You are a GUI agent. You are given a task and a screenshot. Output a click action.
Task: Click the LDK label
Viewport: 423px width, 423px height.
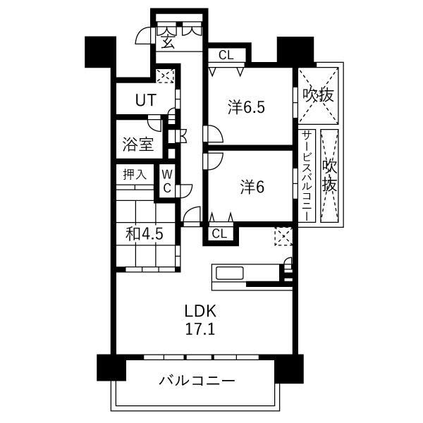(x=200, y=311)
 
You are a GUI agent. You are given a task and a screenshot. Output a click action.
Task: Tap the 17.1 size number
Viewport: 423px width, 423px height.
(x=200, y=329)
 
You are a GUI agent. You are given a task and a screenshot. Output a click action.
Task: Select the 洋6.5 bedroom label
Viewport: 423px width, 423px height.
(x=246, y=107)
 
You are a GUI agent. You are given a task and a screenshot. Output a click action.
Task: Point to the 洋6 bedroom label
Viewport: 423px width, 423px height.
(x=252, y=187)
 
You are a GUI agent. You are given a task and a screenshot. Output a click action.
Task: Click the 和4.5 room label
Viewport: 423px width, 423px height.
(x=145, y=234)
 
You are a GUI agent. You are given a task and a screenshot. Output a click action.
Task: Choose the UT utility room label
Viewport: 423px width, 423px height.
(x=146, y=100)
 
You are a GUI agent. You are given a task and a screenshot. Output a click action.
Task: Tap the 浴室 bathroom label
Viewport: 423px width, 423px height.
(x=138, y=145)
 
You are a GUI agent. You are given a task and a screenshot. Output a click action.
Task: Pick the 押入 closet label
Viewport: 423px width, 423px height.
(x=135, y=174)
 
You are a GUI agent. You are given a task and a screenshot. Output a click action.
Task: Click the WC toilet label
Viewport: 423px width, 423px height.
(x=167, y=181)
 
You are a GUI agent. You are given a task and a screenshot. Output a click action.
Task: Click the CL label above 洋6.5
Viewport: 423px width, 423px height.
(x=226, y=55)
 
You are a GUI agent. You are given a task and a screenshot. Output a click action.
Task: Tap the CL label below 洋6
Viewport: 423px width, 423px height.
(x=219, y=233)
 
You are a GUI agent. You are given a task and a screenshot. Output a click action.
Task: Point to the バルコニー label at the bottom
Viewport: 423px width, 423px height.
(x=197, y=381)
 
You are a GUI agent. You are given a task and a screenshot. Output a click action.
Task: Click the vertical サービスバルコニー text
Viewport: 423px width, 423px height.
(x=307, y=176)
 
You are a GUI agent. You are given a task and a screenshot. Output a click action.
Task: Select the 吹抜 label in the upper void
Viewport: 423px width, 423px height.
(x=318, y=95)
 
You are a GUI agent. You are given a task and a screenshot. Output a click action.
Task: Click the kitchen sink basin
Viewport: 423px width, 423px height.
(x=230, y=273)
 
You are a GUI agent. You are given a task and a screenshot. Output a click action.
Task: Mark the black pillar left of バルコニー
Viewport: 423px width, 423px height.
(x=111, y=367)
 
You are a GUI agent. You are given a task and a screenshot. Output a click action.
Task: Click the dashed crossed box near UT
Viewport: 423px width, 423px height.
(x=166, y=76)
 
